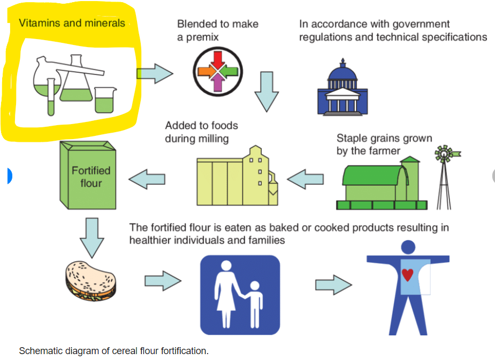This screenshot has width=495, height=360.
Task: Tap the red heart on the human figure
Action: point(408,274)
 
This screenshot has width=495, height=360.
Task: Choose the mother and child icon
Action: point(240,295)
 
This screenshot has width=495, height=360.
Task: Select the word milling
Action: point(211,139)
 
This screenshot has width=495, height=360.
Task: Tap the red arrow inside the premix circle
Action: point(218,59)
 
